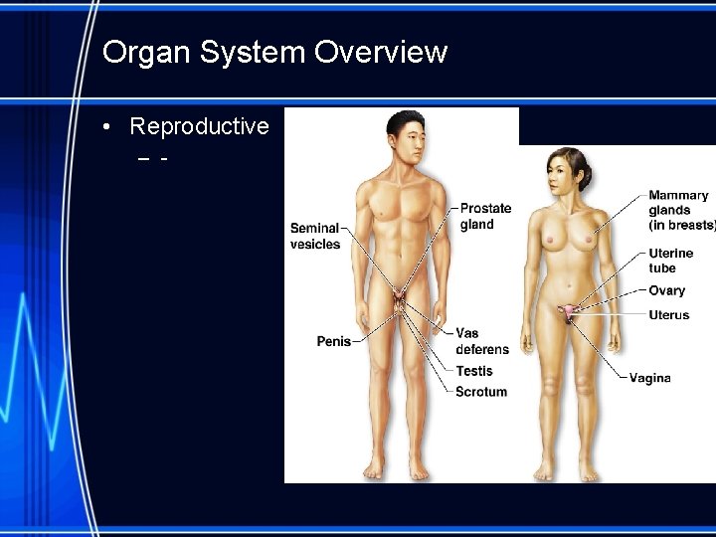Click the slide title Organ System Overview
coord(274,52)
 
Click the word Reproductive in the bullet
coord(199,126)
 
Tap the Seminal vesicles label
coord(315,236)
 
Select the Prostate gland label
coord(485,216)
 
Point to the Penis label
coord(334,341)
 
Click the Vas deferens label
coord(481,341)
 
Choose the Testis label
coord(474,371)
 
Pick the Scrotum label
coord(481,392)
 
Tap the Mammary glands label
coord(681,210)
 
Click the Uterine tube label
coord(671,261)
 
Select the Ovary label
coord(666,290)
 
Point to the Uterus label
coord(668,315)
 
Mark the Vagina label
coord(649,378)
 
